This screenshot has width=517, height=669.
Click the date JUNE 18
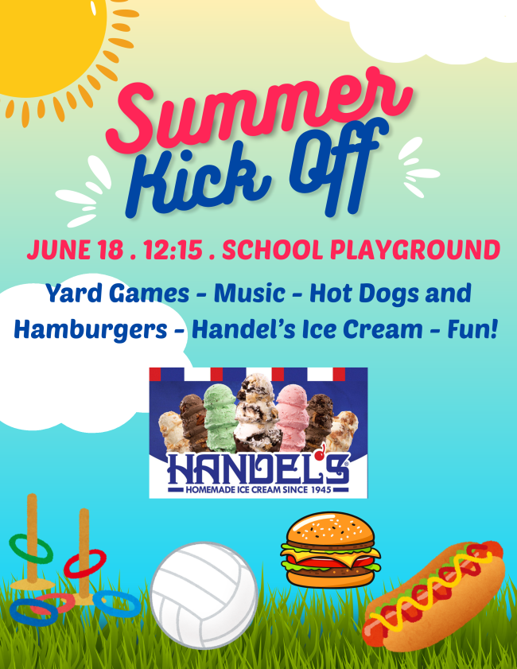75,250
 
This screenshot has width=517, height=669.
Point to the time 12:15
173,250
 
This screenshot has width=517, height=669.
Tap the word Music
250,293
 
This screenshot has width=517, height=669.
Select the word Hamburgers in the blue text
91,331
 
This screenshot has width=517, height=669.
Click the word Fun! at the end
472,329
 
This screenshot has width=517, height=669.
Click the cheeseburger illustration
330,550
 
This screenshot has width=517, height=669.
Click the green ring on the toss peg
31,549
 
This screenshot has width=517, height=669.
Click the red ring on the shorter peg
85,564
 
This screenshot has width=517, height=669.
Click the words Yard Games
117,294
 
